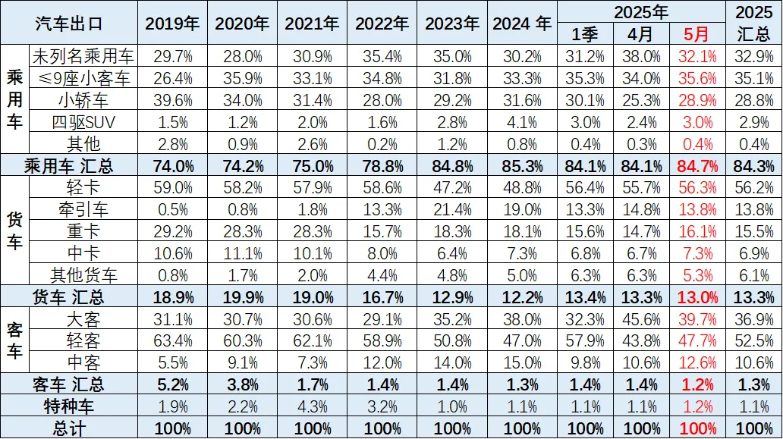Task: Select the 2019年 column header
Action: click(172, 23)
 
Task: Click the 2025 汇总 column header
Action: click(754, 23)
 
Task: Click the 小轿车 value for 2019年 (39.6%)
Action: click(172, 100)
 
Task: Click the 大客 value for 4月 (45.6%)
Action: click(642, 318)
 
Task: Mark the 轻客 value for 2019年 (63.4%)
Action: click(172, 340)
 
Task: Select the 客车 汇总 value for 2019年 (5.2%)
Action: click(172, 384)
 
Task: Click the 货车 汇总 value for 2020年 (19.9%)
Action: click(242, 296)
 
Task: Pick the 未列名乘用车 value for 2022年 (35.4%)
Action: click(382, 56)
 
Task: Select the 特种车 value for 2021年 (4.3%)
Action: click(312, 406)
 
